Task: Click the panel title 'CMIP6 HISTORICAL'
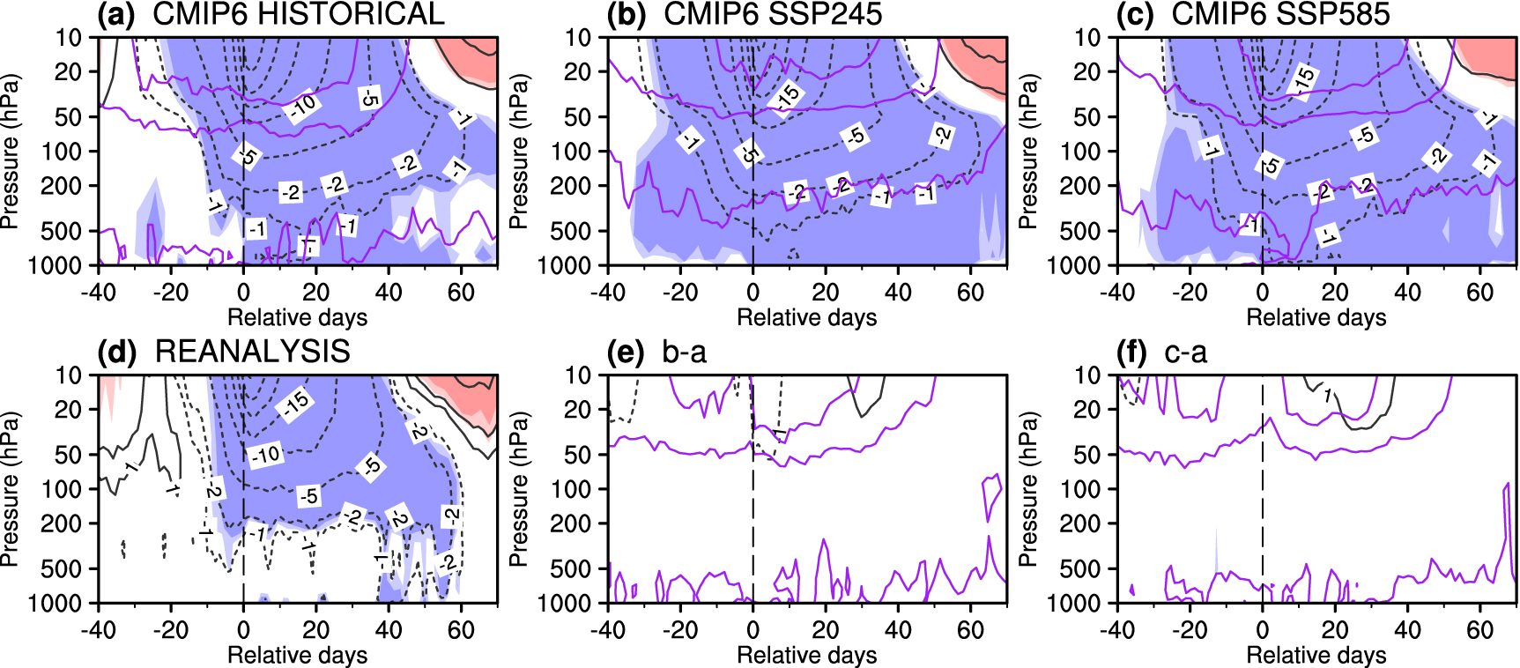[299, 14]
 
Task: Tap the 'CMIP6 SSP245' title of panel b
[773, 14]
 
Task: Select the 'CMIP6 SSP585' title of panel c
[1280, 14]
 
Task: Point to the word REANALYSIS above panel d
[253, 352]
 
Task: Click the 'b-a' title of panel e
[685, 352]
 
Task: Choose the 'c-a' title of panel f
[1185, 352]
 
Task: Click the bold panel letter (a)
[115, 14]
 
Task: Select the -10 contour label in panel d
[265, 455]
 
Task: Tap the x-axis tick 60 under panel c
[1479, 292]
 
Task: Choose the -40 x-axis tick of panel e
[607, 630]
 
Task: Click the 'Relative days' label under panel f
[1316, 655]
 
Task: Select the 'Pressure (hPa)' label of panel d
[11, 489]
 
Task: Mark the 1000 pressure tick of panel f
[1074, 604]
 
